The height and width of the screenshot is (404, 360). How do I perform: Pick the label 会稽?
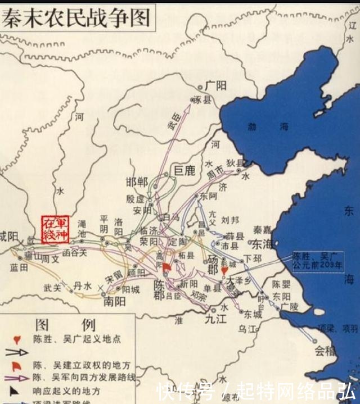325,352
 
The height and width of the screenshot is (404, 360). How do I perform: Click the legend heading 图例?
66,324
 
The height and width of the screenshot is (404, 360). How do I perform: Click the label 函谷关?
74,253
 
